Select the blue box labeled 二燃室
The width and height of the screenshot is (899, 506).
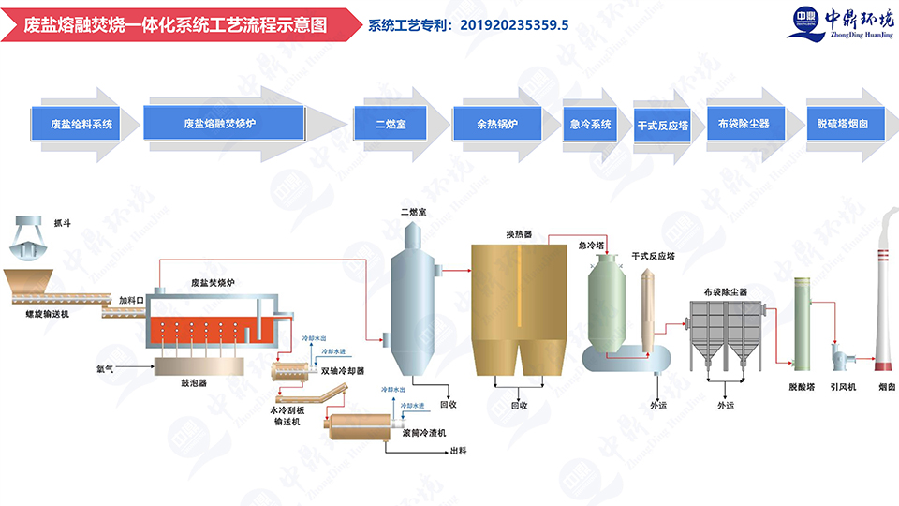tap(388, 124)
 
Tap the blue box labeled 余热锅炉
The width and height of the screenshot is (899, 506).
tap(496, 124)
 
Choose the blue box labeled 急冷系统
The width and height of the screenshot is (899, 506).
tap(590, 124)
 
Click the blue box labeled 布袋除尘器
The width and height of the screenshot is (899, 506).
tap(744, 124)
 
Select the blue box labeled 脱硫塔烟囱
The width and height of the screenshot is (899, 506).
tap(842, 124)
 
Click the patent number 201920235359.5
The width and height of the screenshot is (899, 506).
tap(514, 25)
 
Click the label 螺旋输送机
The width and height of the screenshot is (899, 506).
tap(47, 314)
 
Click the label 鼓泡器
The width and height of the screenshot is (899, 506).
tap(193, 381)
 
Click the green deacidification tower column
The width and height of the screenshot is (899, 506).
tap(802, 323)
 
